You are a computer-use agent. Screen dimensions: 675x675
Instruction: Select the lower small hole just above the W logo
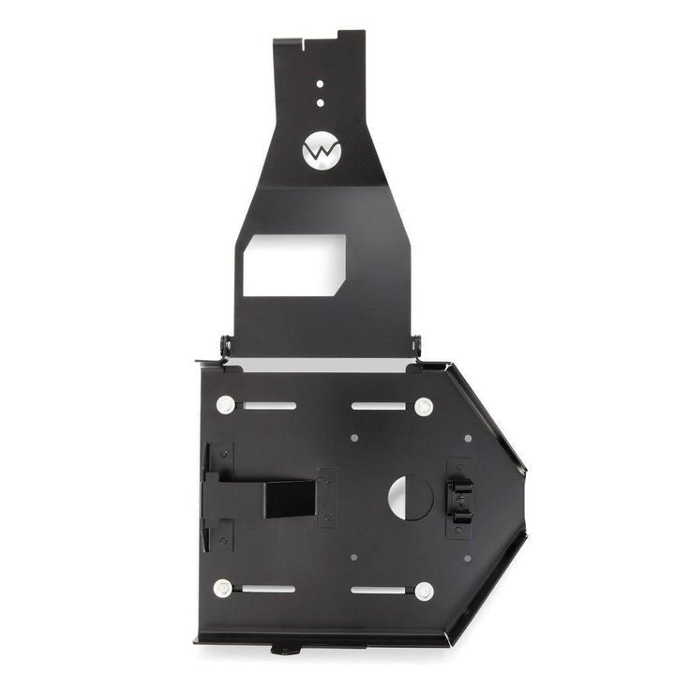[x=320, y=101]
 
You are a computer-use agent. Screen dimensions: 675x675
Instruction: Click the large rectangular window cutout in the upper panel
[x=292, y=265]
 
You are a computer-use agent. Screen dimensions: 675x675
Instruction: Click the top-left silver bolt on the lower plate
[x=225, y=406]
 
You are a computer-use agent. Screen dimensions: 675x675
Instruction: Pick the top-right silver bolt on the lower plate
[x=424, y=406]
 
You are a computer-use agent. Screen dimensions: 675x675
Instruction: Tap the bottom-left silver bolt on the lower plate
[x=222, y=589]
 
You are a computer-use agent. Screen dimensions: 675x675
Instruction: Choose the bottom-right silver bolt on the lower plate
[x=424, y=590]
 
